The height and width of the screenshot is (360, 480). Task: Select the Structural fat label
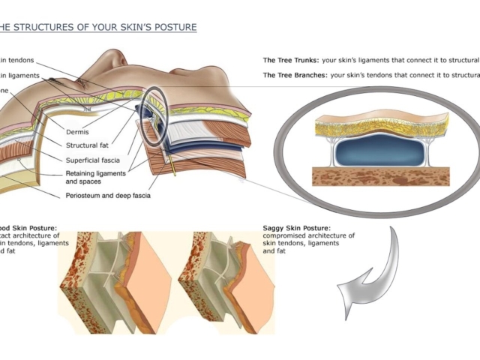[x=108, y=145]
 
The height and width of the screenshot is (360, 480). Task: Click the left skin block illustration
[x=112, y=277]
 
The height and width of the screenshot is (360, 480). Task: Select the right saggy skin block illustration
[x=225, y=277]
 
